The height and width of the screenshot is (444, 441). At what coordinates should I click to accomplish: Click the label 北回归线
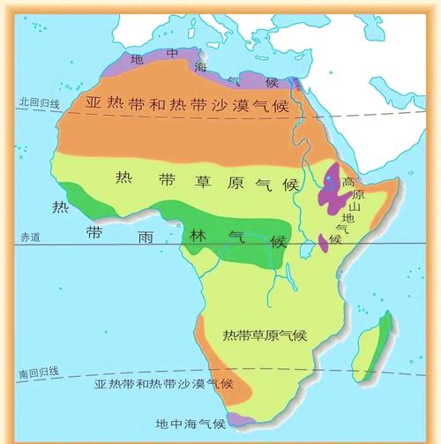pyautogui.click(x=37, y=102)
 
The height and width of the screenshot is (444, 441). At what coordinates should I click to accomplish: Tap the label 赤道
pyautogui.click(x=31, y=237)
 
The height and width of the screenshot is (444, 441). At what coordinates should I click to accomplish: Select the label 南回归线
pyautogui.click(x=38, y=375)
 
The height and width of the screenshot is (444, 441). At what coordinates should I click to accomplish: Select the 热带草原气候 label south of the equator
pyautogui.click(x=265, y=335)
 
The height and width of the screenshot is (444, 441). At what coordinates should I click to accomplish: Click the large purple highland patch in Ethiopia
pyautogui.click(x=333, y=187)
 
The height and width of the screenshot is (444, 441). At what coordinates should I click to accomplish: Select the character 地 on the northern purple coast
pyautogui.click(x=136, y=58)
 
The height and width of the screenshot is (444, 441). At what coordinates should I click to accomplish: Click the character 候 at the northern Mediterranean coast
pyautogui.click(x=272, y=83)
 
